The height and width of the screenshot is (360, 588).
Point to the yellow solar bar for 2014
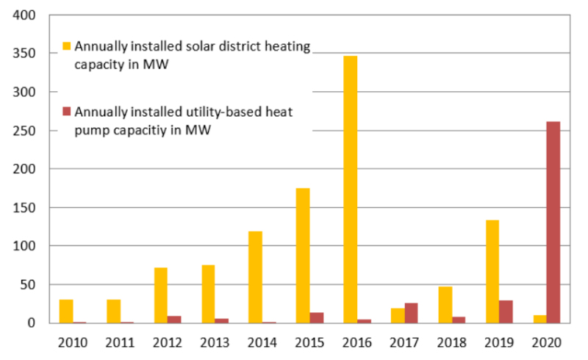[255, 277]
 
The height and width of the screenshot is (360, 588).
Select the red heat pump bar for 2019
[506, 312]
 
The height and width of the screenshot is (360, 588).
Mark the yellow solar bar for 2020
[539, 319]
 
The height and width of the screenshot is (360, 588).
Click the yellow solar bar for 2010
[66, 311]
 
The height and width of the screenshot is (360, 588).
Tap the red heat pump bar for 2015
[317, 317]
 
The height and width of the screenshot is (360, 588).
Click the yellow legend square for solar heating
[67, 46]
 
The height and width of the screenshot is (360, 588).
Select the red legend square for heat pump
[67, 111]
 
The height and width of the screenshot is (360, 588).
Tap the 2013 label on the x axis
[215, 342]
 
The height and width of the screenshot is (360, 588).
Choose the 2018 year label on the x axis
[452, 342]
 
